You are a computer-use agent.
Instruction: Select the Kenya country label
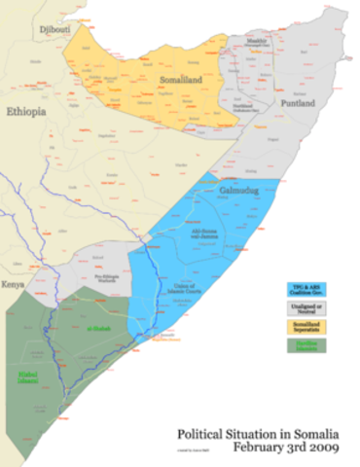13,284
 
